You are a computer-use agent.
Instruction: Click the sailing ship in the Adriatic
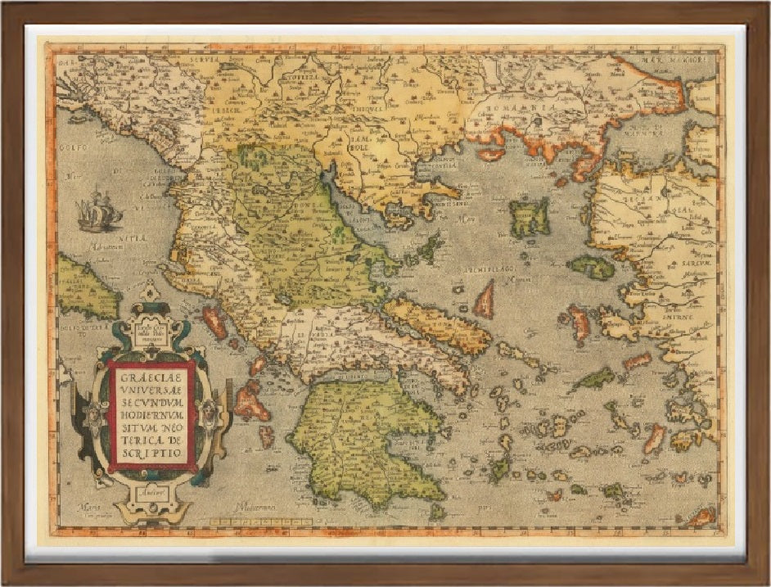pyautogui.click(x=99, y=212)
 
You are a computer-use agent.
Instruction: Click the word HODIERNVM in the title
pyautogui.click(x=151, y=413)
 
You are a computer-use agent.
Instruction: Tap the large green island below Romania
pyautogui.click(x=529, y=217)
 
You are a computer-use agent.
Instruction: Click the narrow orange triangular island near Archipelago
pyautogui.click(x=485, y=300)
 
